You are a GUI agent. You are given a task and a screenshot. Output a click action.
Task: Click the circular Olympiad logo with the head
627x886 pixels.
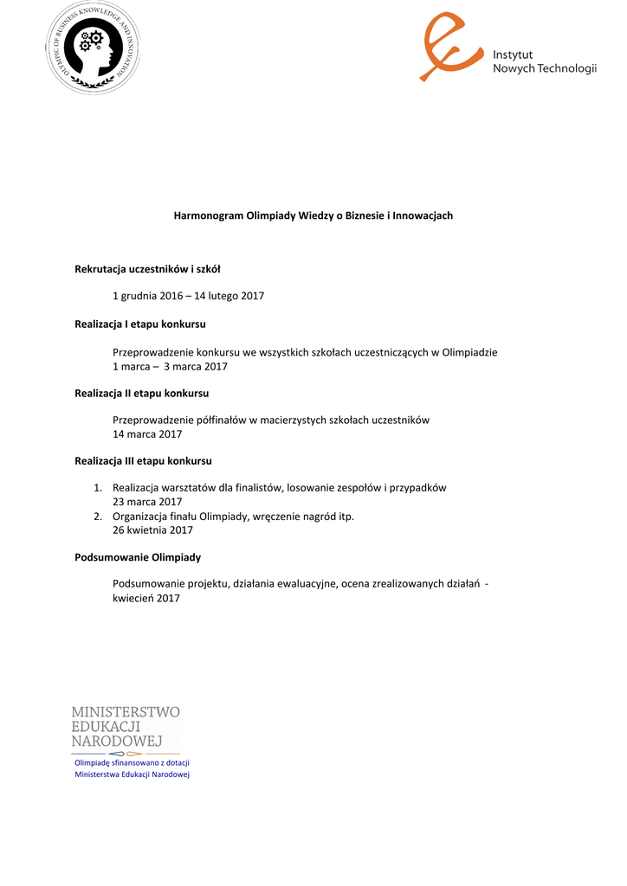point(93,48)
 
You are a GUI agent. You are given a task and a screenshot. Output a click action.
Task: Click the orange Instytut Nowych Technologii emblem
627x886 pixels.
point(450,46)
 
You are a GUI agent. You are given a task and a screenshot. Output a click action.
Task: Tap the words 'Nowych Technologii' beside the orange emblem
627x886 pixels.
point(545,69)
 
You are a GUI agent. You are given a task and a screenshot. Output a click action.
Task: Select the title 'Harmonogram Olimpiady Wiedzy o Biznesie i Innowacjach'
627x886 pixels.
point(313,215)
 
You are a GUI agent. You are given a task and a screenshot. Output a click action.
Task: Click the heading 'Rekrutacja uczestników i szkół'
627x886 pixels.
point(148,269)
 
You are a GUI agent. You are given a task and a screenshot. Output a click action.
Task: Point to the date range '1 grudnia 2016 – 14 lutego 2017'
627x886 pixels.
point(189,296)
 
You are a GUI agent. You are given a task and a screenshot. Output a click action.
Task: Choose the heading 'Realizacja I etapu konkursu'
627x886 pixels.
point(140,324)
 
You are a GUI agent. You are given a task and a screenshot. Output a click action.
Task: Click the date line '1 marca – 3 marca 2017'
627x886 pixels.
point(170,366)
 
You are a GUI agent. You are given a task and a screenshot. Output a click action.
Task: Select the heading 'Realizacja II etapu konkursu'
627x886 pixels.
point(142,393)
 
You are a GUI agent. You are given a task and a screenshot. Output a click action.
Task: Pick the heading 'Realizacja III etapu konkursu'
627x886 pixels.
point(144,461)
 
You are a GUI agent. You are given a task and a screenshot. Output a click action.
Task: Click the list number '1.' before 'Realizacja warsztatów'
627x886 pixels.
point(99,488)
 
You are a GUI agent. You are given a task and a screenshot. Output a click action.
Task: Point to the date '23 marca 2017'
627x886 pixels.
point(147,502)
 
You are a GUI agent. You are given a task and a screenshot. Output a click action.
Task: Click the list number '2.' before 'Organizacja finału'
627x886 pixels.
point(99,517)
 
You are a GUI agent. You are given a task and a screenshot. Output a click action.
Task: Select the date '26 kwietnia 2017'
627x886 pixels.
point(153,530)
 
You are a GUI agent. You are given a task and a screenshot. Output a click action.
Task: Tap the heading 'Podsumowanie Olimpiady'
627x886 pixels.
point(138,557)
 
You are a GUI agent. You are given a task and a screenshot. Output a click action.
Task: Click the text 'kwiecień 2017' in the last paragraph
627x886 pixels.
point(146,598)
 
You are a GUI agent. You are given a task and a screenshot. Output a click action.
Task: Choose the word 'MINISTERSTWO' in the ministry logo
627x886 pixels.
point(126,712)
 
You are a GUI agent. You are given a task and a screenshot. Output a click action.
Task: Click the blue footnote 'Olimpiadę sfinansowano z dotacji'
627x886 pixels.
point(132,762)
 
